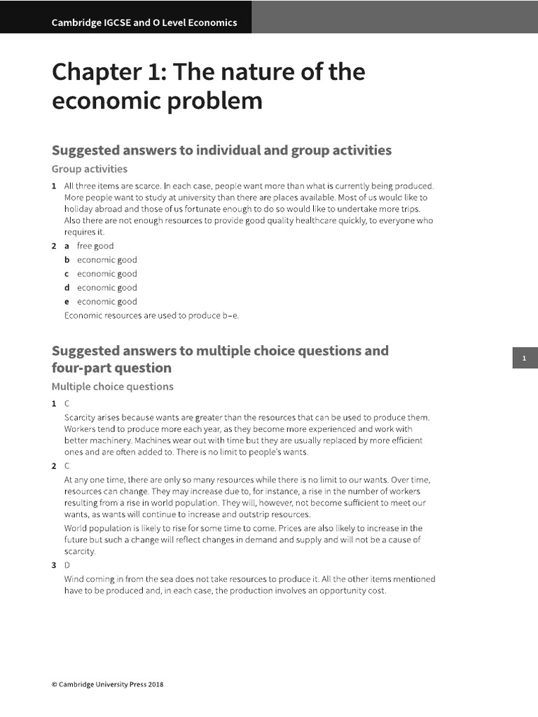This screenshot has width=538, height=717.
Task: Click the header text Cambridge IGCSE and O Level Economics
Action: click(x=144, y=22)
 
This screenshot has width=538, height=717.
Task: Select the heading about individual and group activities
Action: click(x=221, y=150)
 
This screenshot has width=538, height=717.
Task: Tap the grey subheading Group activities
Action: click(x=90, y=169)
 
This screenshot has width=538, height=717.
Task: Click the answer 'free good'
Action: click(x=95, y=246)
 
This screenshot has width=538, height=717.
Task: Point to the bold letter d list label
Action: click(x=67, y=288)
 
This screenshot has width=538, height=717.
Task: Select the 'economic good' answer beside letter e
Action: click(x=106, y=302)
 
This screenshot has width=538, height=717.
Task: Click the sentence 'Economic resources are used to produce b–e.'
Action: click(x=151, y=315)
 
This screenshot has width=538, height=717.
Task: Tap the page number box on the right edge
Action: click(x=524, y=358)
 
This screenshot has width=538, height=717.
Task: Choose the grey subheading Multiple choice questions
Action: click(x=112, y=387)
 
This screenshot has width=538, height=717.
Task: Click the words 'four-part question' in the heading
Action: click(x=111, y=368)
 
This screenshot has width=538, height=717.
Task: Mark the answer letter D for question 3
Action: click(x=67, y=565)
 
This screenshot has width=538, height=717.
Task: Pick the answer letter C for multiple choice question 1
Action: click(x=67, y=404)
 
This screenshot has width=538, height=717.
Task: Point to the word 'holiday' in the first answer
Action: click(x=78, y=209)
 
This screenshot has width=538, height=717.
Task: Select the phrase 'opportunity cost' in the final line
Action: click(x=355, y=590)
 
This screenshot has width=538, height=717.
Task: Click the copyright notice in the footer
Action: click(x=107, y=685)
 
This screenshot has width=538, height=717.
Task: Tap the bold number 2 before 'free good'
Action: click(x=54, y=246)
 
